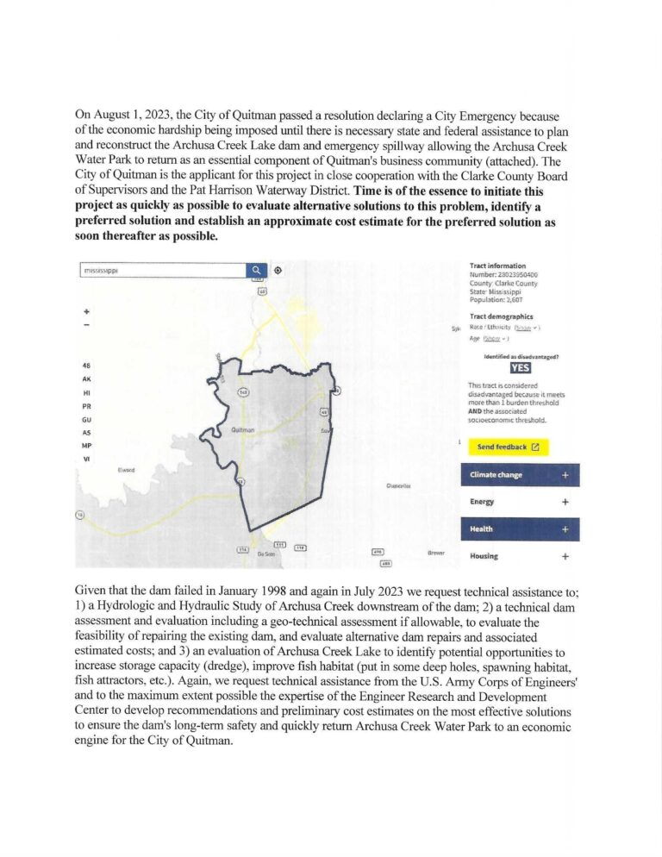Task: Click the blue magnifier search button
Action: tap(257, 270)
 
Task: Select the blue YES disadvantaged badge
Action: tap(521, 367)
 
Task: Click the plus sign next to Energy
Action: tap(565, 502)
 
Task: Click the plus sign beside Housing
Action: tap(565, 556)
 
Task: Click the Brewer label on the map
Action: tap(436, 552)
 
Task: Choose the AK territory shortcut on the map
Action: tap(86, 378)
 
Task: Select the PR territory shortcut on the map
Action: tap(86, 405)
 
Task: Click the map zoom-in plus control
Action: tap(86, 310)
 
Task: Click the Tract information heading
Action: tap(497, 266)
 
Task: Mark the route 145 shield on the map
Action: tap(244, 393)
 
